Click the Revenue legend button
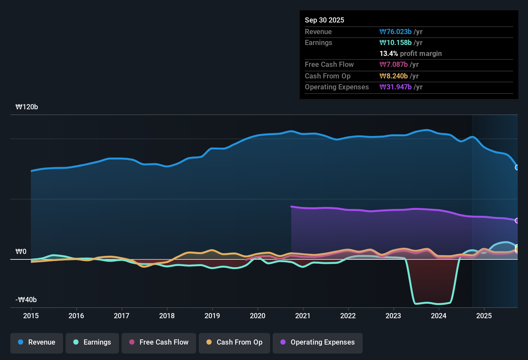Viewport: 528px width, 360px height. tap(37, 342)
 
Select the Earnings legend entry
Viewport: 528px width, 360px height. tap(92, 342)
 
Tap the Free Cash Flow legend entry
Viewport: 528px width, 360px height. tap(159, 342)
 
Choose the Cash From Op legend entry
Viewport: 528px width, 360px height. tap(234, 342)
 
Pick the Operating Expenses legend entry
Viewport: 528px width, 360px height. tap(318, 342)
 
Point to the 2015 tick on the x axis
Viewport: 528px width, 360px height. tap(31, 316)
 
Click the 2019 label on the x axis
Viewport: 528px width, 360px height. tap(212, 316)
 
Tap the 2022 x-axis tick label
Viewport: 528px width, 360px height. tap(348, 316)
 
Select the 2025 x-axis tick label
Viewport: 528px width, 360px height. tap(484, 316)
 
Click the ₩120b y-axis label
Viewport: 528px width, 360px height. tap(27, 107)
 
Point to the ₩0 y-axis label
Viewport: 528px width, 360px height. tap(21, 251)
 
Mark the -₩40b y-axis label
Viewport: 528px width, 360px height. tap(26, 300)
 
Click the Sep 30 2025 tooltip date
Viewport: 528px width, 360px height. tap(324, 20)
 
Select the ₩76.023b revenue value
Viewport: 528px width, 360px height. tap(396, 32)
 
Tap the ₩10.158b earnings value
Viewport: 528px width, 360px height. tap(396, 43)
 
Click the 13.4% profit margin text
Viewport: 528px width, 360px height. tap(411, 54)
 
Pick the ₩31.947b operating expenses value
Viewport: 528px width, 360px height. tap(396, 87)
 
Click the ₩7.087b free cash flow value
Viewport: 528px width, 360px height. tap(394, 65)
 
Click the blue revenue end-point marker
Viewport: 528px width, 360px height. tap(517, 167)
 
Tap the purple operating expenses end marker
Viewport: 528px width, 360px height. tap(517, 221)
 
